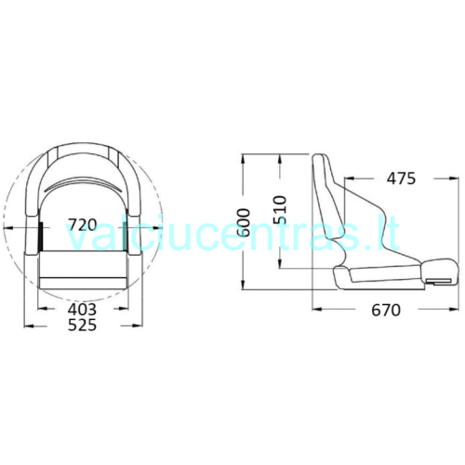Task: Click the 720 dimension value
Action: coord(83,225)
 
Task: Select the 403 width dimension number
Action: coord(82,309)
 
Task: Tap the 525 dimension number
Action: coord(82,325)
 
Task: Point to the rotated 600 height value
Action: coord(245,222)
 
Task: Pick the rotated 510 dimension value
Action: coord(280,209)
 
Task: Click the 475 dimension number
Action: coord(401,179)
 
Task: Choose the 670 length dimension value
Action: coord(386,310)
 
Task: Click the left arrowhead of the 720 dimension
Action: coord(7,228)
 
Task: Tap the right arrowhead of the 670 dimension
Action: coord(454,309)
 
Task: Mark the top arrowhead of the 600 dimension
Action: coord(244,158)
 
